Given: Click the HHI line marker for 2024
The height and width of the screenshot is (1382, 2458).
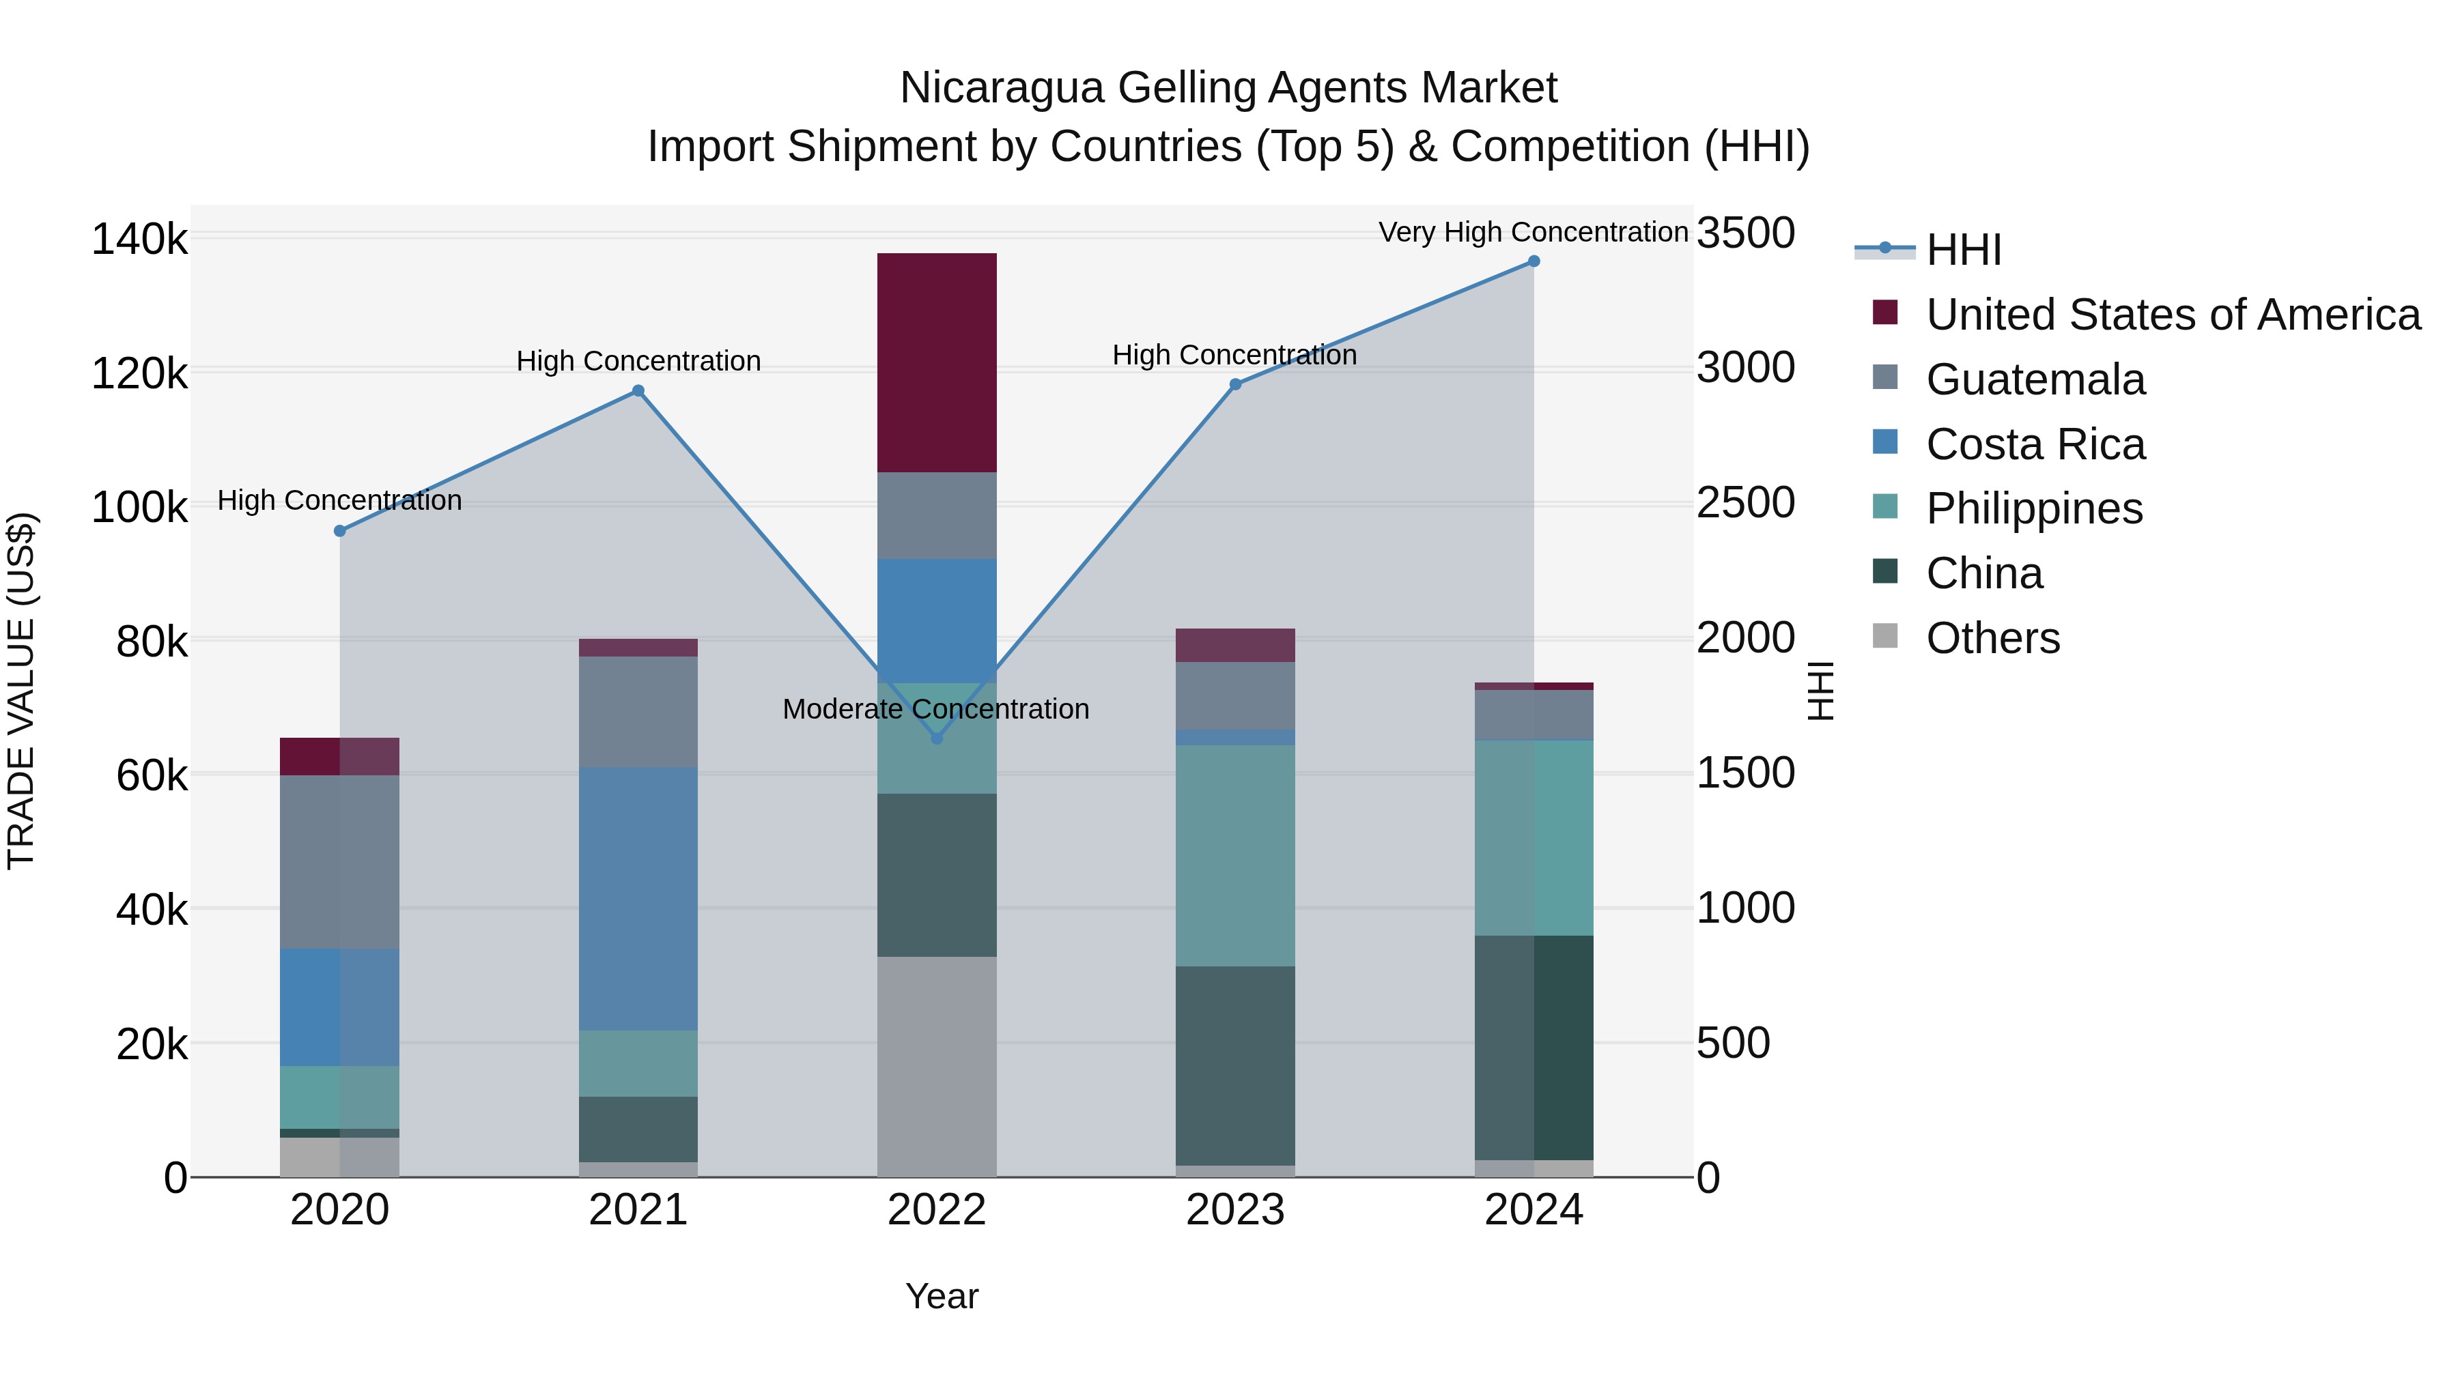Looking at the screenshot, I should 1534,261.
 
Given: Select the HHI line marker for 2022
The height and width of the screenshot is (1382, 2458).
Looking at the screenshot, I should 936,738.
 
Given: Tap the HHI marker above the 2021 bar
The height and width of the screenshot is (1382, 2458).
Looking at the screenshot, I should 638,391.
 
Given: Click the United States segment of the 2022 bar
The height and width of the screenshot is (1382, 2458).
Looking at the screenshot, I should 936,362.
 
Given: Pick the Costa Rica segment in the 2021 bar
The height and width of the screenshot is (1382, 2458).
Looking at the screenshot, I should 638,898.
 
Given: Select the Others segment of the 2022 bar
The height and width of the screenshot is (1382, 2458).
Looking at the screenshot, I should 936,1066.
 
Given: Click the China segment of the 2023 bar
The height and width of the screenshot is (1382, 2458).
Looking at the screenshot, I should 1234,1065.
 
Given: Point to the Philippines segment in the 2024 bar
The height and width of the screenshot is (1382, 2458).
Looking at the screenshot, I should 1534,837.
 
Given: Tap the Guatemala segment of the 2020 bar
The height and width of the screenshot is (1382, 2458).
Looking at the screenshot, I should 340,862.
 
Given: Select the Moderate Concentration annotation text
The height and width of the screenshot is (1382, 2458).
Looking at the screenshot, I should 935,710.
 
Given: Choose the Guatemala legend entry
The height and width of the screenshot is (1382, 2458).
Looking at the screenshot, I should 2035,379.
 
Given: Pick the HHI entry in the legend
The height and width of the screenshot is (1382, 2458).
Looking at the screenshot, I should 1963,250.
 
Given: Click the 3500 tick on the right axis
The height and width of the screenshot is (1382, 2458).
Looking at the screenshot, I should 1745,233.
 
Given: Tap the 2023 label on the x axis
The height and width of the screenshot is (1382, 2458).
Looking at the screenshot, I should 1234,1210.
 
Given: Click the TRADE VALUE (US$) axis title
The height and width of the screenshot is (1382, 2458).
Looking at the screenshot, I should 21,691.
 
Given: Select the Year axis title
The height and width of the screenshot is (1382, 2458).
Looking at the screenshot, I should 942,1296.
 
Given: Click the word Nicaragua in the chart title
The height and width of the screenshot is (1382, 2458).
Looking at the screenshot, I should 1001,88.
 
